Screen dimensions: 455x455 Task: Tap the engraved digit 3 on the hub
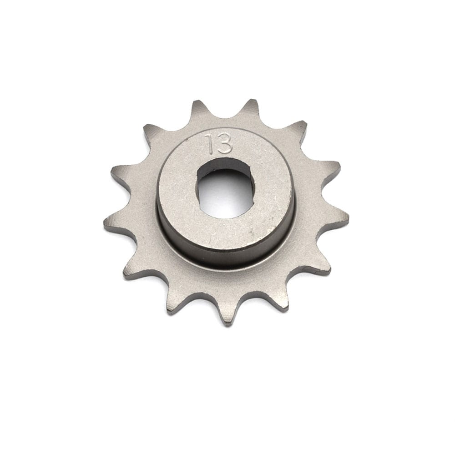224,144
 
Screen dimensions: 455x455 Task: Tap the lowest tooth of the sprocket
227,314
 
